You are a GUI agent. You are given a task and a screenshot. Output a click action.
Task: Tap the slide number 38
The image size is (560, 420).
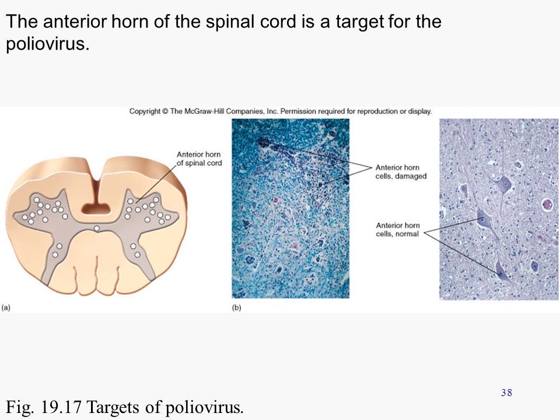506,393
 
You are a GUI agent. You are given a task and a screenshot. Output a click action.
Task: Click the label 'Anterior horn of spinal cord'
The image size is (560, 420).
199,159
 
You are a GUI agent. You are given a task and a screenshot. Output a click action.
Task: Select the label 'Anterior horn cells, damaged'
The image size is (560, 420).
401,171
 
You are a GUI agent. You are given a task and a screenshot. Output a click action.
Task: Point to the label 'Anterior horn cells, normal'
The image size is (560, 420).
398,230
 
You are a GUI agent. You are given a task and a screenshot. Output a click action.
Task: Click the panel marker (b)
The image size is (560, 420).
237,307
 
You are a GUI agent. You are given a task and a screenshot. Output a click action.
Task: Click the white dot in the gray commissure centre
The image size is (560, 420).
97,228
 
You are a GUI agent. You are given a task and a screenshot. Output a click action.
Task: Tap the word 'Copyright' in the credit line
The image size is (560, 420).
144,111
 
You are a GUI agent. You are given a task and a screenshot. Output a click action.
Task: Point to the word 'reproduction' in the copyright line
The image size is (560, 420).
382,111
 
